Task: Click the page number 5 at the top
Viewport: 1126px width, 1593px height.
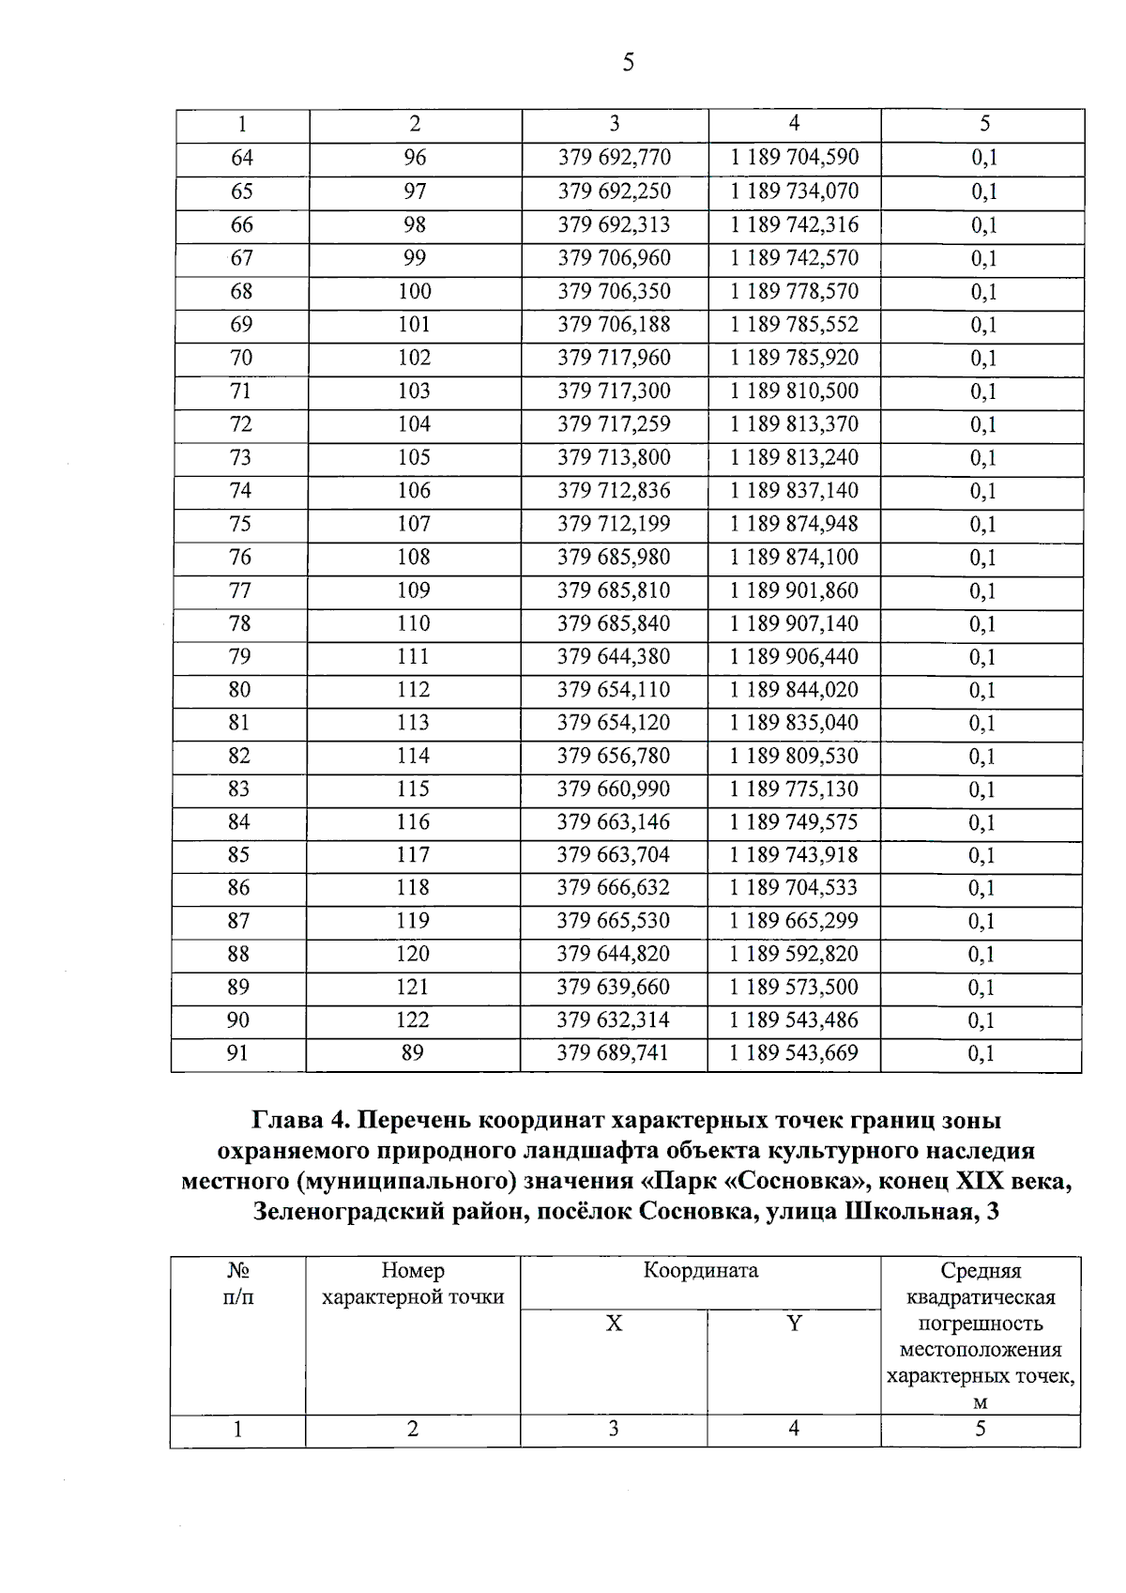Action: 628,63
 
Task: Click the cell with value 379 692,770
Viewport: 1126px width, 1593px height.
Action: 614,158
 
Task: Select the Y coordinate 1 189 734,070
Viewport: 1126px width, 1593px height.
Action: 794,191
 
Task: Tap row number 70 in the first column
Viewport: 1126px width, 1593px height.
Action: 241,358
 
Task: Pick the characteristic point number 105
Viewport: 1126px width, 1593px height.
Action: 414,457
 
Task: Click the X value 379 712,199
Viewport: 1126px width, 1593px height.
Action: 614,524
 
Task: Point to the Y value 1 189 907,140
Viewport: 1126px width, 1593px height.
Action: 794,623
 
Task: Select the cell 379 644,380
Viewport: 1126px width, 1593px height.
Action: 614,656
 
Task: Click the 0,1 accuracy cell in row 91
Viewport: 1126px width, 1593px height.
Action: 981,1053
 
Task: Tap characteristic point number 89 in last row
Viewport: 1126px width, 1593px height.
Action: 412,1053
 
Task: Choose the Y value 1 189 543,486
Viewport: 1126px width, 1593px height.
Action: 794,1019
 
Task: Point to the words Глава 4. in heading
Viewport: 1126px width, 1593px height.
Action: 301,1120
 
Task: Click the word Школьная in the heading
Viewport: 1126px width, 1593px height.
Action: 900,1211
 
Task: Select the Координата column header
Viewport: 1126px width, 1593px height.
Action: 700,1271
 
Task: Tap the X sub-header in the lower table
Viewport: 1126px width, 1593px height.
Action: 614,1324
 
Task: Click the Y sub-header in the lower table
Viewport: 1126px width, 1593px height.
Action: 794,1324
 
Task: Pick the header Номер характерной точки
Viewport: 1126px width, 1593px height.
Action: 413,1284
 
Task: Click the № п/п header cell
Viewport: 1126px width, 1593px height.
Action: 238,1284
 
